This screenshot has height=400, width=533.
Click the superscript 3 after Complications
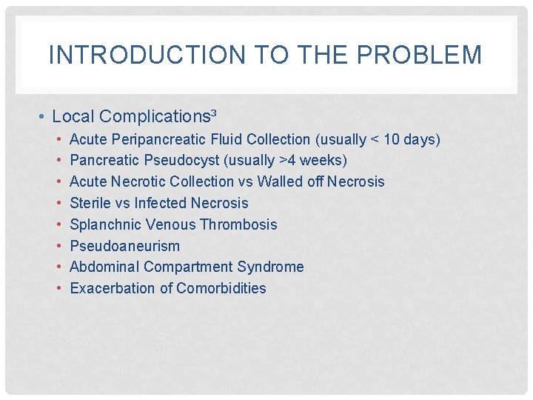click(214, 113)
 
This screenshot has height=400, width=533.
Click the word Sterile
click(90, 203)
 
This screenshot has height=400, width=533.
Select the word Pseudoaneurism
click(124, 246)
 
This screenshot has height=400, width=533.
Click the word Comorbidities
click(221, 288)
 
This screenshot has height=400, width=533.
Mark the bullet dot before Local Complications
click(44, 116)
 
